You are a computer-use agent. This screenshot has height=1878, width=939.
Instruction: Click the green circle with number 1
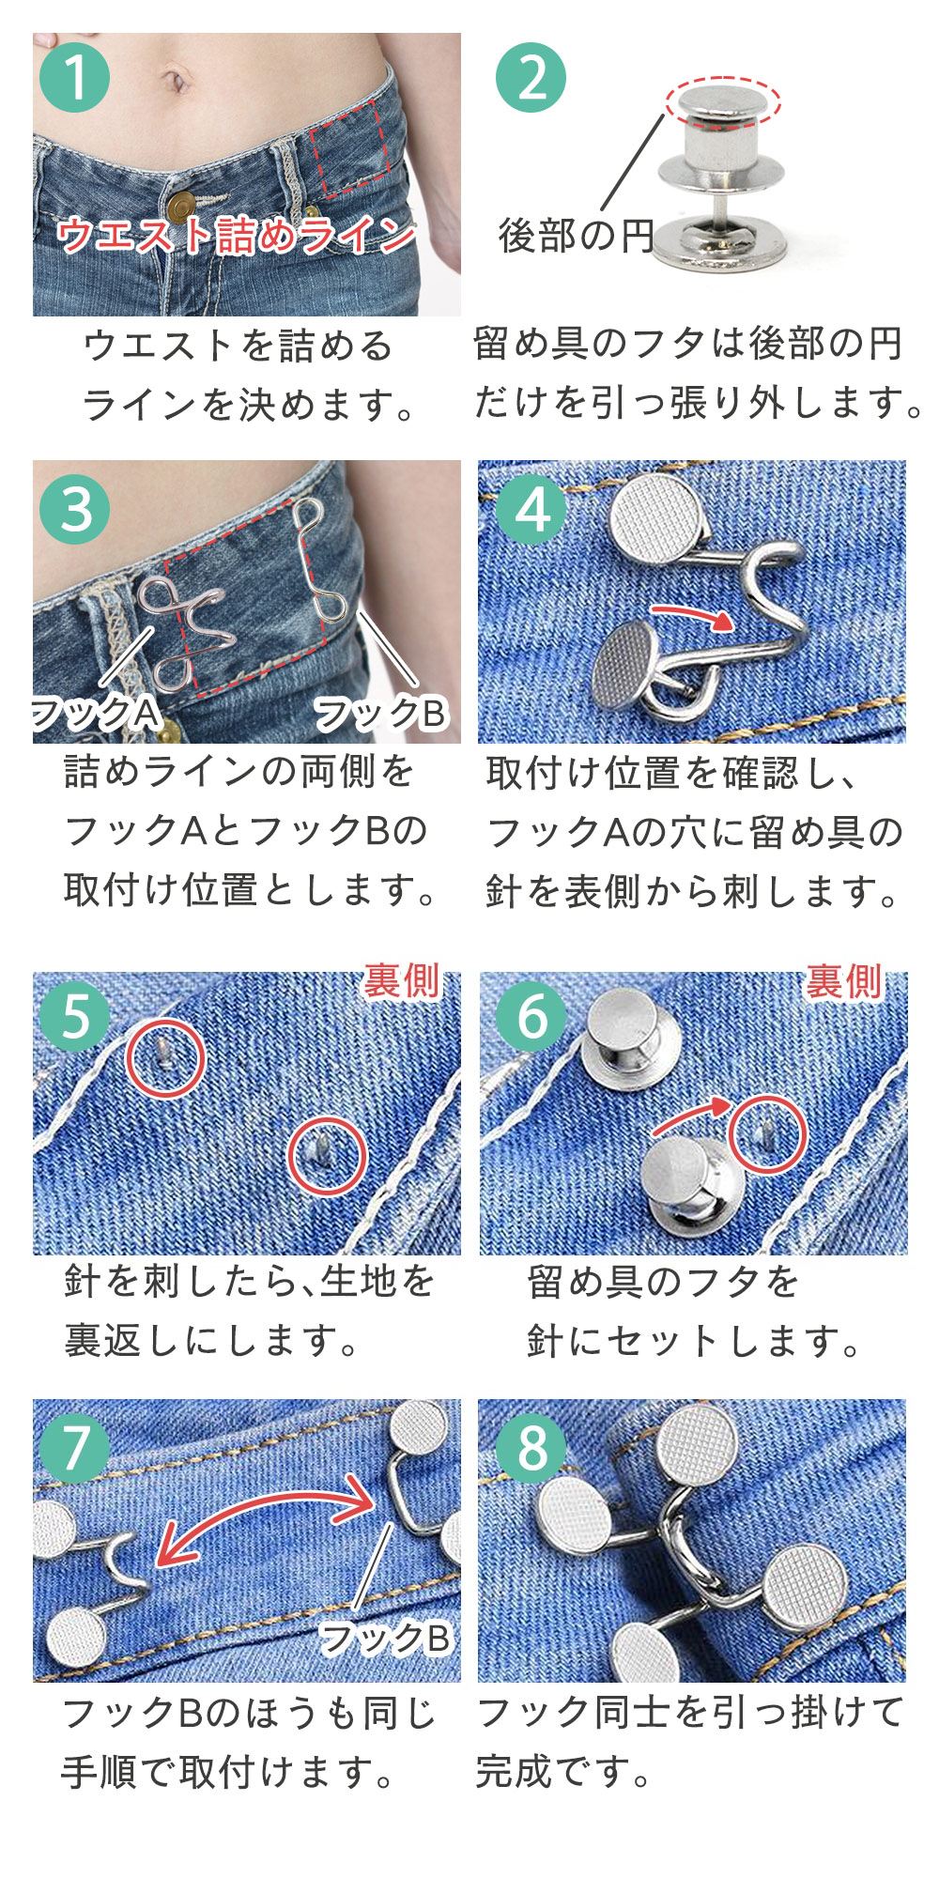75,77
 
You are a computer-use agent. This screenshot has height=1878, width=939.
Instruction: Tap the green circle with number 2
532,77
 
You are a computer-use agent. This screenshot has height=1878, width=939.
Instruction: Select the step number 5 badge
75,1017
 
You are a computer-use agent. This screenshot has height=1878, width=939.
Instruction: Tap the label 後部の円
576,236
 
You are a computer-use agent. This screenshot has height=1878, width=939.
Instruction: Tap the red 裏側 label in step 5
402,981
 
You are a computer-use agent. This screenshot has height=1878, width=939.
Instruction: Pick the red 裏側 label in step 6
843,981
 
